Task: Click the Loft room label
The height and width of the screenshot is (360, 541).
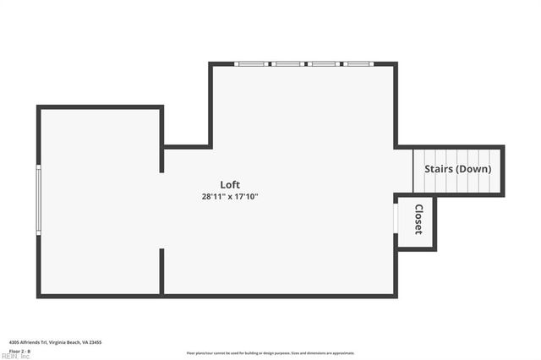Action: (x=230, y=185)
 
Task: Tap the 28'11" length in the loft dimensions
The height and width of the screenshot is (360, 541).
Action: (x=211, y=196)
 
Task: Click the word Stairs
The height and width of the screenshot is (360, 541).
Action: (x=439, y=169)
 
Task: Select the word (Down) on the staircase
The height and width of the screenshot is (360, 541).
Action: (x=473, y=169)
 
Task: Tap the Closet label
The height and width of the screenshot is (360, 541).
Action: (x=418, y=220)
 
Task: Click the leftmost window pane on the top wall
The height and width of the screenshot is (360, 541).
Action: (x=251, y=63)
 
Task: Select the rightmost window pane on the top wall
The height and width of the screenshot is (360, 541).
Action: (x=358, y=63)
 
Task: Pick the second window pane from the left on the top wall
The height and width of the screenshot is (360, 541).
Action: (x=288, y=63)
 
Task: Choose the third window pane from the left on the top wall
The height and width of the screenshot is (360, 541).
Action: (x=324, y=63)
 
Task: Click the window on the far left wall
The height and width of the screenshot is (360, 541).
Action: (x=38, y=199)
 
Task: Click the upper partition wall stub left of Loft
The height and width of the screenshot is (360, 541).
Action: (x=161, y=139)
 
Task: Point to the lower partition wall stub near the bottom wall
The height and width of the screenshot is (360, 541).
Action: (x=161, y=270)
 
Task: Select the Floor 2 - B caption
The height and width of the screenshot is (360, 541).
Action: (x=20, y=351)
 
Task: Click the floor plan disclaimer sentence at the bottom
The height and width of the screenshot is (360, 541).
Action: (x=270, y=353)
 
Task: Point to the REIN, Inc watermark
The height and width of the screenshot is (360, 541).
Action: (x=14, y=357)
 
